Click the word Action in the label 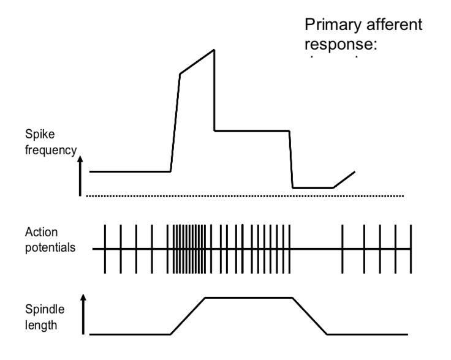pyautogui.click(x=38, y=233)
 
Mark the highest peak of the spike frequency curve pyautogui.click(x=214, y=50)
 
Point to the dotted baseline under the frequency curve pyautogui.click(x=245, y=196)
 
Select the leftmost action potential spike pyautogui.click(x=105, y=249)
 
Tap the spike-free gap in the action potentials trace pyautogui.click(x=316, y=249)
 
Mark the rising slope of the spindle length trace pyautogui.click(x=188, y=316)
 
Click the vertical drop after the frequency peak pyautogui.click(x=214, y=92)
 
